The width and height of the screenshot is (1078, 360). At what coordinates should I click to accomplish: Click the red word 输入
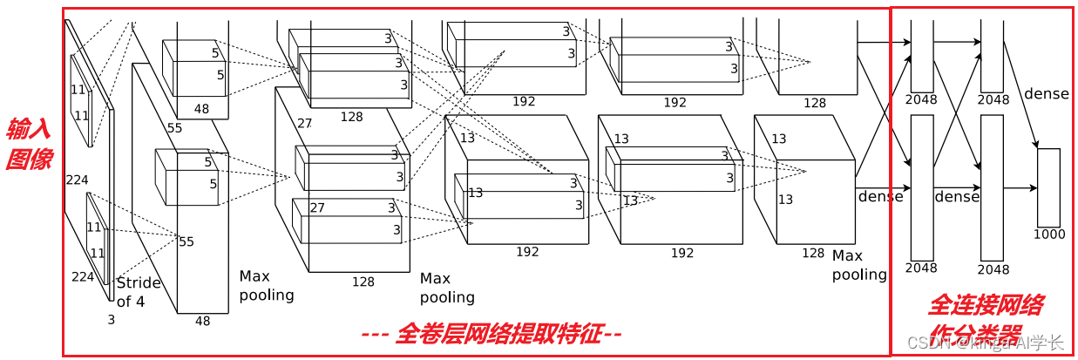pyautogui.click(x=29, y=130)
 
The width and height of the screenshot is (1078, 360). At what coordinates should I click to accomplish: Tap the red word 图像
pyautogui.click(x=29, y=160)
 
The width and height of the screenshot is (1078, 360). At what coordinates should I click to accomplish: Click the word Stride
pyautogui.click(x=139, y=282)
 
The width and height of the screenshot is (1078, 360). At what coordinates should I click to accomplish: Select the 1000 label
pyautogui.click(x=1048, y=234)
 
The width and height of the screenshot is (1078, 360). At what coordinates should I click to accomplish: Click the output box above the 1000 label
pyautogui.click(x=1048, y=187)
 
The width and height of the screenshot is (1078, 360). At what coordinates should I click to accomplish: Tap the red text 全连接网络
pyautogui.click(x=985, y=305)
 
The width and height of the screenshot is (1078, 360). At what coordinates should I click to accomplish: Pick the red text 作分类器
pyautogui.click(x=974, y=334)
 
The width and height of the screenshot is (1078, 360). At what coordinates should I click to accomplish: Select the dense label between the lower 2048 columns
pyautogui.click(x=957, y=197)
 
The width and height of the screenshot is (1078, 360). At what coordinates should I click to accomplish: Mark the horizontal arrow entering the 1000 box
pyautogui.click(x=1020, y=187)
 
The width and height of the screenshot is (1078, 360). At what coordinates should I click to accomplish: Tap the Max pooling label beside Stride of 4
pyautogui.click(x=267, y=285)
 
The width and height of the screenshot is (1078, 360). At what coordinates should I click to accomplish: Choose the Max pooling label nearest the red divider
pyautogui.click(x=858, y=265)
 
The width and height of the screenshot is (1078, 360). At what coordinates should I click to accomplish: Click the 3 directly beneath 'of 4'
pyautogui.click(x=111, y=320)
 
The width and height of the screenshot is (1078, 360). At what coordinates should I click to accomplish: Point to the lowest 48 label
pyautogui.click(x=202, y=321)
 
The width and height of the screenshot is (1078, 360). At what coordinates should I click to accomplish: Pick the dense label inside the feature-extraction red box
pyautogui.click(x=880, y=197)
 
